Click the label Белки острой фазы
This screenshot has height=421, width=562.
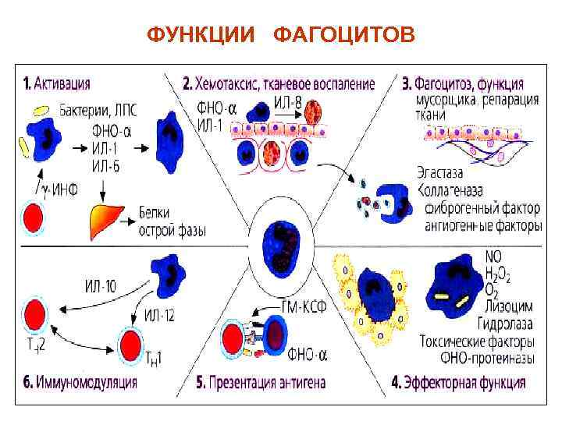click(171, 221)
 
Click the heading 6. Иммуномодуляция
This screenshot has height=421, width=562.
click(80, 382)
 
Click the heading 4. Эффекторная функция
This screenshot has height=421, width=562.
click(457, 382)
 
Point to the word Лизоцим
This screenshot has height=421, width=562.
click(509, 309)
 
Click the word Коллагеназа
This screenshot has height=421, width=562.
click(450, 190)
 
